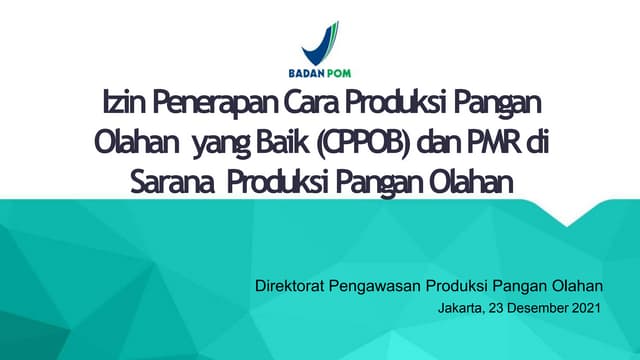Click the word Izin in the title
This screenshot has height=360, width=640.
tap(119, 102)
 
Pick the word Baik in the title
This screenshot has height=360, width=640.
tap(264, 142)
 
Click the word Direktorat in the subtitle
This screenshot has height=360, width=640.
tap(292, 287)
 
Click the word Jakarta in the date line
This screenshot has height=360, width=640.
tap(461, 309)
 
